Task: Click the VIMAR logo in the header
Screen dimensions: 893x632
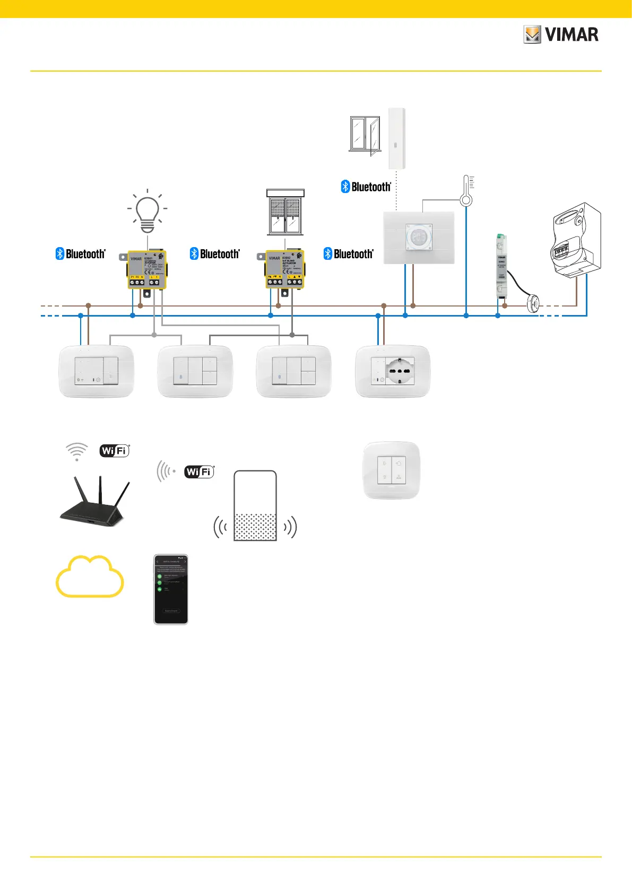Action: (561, 35)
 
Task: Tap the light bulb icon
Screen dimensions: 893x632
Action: (148, 212)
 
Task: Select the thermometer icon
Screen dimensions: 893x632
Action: (466, 191)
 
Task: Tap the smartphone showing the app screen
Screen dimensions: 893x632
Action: (171, 590)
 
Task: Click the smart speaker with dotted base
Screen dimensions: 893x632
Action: (255, 506)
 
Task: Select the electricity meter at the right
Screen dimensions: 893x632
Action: (576, 239)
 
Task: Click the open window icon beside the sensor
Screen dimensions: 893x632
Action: (365, 135)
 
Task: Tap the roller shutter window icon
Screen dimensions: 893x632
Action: (285, 212)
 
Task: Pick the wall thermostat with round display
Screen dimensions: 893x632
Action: (419, 237)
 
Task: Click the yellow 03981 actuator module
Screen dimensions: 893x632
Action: (147, 270)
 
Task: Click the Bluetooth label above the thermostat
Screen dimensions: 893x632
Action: (366, 187)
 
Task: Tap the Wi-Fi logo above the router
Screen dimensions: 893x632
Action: (115, 451)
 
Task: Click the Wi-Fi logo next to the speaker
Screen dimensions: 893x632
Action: (199, 471)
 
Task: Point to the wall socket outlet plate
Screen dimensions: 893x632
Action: (393, 371)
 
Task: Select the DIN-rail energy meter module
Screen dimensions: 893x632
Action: (501, 265)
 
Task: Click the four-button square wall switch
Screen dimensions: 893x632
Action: (391, 470)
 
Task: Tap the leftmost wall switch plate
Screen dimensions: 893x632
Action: (96, 371)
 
